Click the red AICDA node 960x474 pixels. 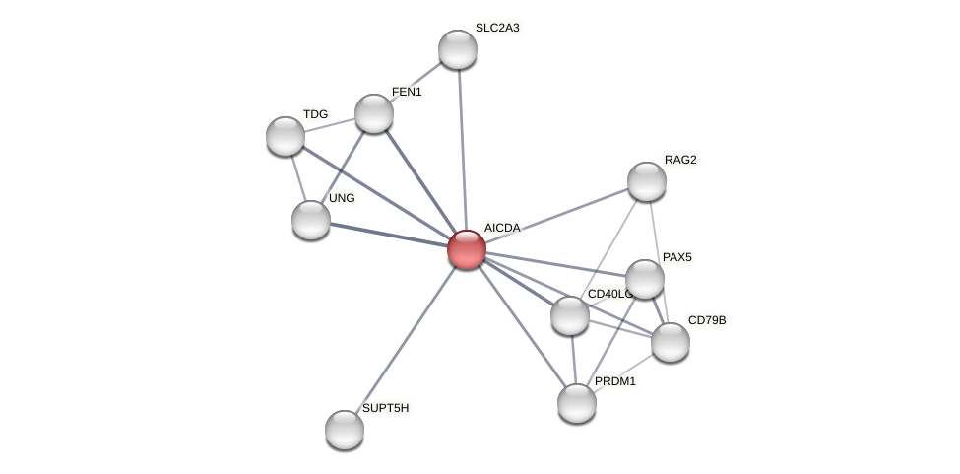(x=466, y=248)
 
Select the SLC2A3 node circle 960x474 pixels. (x=457, y=49)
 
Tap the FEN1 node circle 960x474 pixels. (x=374, y=113)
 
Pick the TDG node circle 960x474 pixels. (x=286, y=135)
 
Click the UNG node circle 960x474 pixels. (x=311, y=219)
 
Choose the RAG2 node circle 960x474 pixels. (x=647, y=181)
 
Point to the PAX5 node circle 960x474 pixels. (x=645, y=279)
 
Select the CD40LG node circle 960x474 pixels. (x=570, y=315)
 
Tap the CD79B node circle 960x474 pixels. (x=671, y=342)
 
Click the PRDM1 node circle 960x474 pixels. (x=577, y=402)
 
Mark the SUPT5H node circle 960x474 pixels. (x=345, y=429)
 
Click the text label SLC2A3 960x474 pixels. (x=497, y=28)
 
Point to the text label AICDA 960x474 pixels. (x=502, y=228)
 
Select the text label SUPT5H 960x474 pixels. (x=385, y=407)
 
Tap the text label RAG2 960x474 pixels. (x=680, y=160)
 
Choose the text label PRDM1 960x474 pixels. (x=615, y=381)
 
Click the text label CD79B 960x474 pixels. (x=707, y=320)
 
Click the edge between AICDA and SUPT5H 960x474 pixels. (x=406, y=338)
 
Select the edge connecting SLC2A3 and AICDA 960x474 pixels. (x=461, y=148)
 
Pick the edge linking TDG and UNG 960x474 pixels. (x=298, y=177)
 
